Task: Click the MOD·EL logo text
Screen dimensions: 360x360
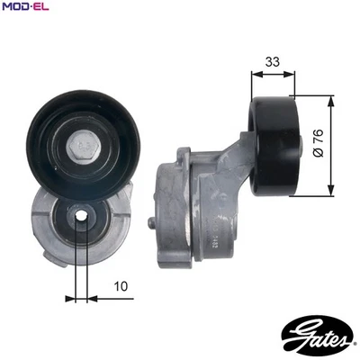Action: (26, 8)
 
